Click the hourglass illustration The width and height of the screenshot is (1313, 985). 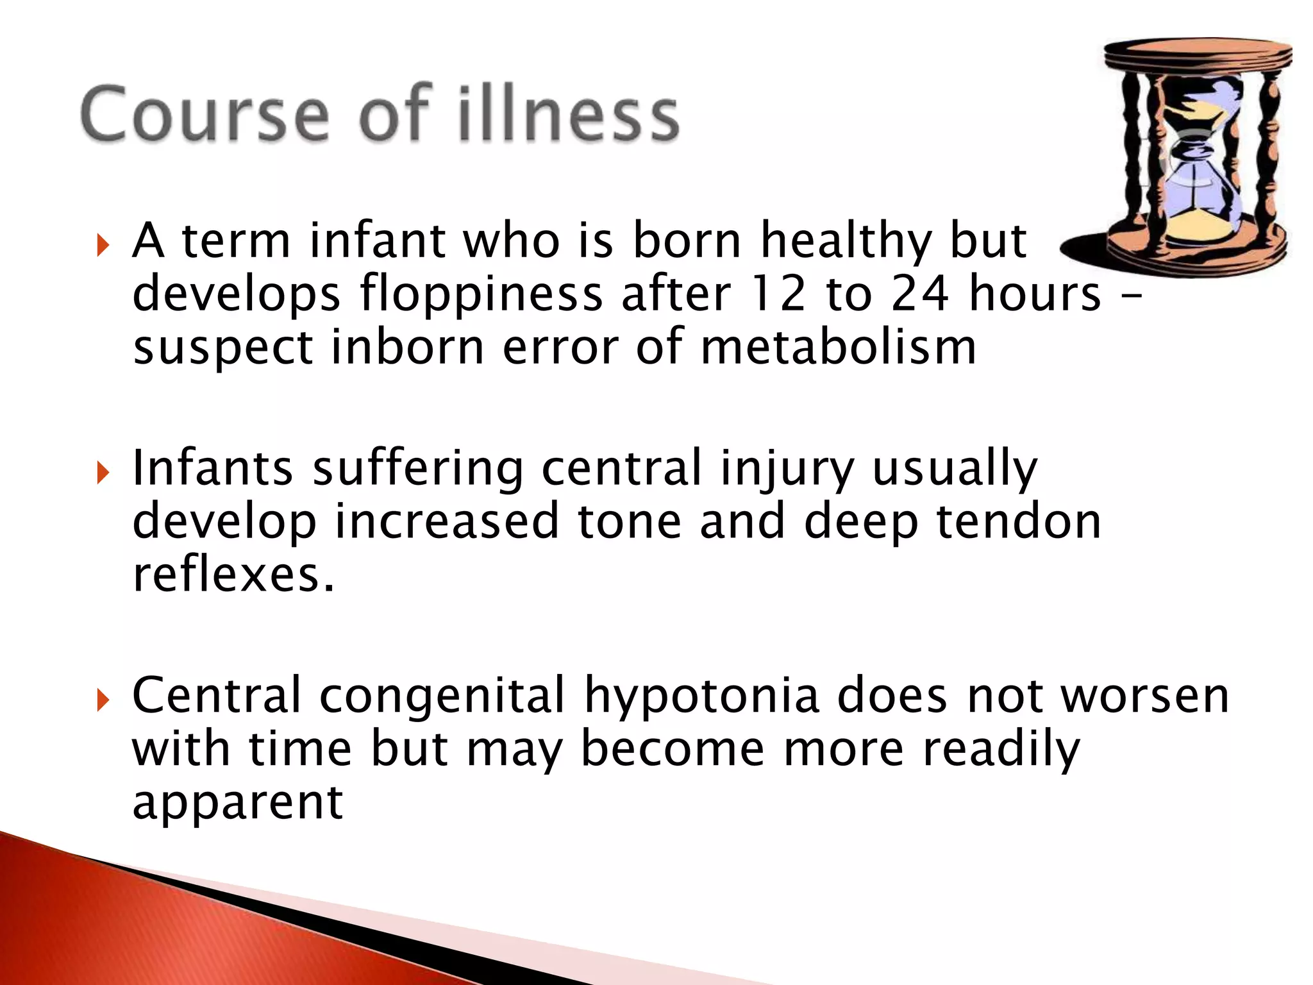click(1186, 154)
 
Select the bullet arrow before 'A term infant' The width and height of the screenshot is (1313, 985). click(102, 244)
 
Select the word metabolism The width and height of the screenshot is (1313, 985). click(838, 347)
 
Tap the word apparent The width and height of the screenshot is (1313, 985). click(238, 803)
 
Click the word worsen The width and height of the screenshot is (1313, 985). click(1145, 696)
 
